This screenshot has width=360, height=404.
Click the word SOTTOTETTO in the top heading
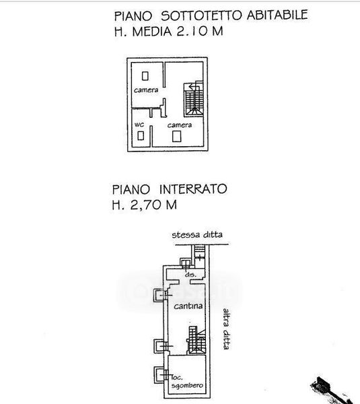(x=201, y=15)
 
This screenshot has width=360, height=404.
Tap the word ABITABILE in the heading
(x=277, y=15)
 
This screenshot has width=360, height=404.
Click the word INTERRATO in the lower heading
(x=193, y=189)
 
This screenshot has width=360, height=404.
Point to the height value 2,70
(x=146, y=205)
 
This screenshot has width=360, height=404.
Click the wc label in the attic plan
(x=139, y=125)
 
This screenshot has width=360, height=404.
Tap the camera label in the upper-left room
(x=146, y=90)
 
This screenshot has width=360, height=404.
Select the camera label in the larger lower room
(x=180, y=125)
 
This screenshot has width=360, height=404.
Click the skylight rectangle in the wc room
(x=141, y=136)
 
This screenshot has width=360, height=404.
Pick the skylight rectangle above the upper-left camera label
(x=145, y=76)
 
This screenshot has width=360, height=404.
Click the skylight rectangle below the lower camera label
(x=177, y=136)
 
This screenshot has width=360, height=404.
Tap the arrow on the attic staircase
(x=193, y=87)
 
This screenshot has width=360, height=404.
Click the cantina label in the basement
(x=188, y=306)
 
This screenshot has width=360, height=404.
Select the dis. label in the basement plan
(x=190, y=275)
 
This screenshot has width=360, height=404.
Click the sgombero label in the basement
(x=187, y=386)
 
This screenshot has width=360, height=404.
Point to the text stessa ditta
(x=197, y=235)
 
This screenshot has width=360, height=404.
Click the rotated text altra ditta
(x=226, y=329)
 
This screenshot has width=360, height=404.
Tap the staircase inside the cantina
(x=197, y=340)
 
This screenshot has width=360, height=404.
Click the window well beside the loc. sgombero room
(x=159, y=374)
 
